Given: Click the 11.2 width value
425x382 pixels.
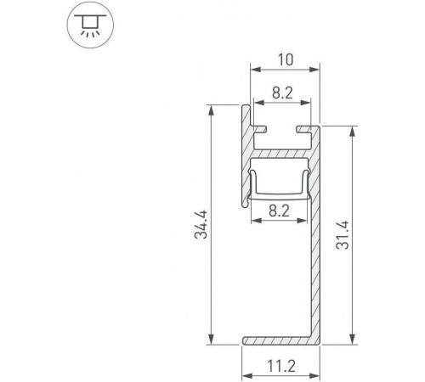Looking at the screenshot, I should pos(282,368).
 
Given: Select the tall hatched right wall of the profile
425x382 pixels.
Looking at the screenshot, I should pos(315,255).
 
